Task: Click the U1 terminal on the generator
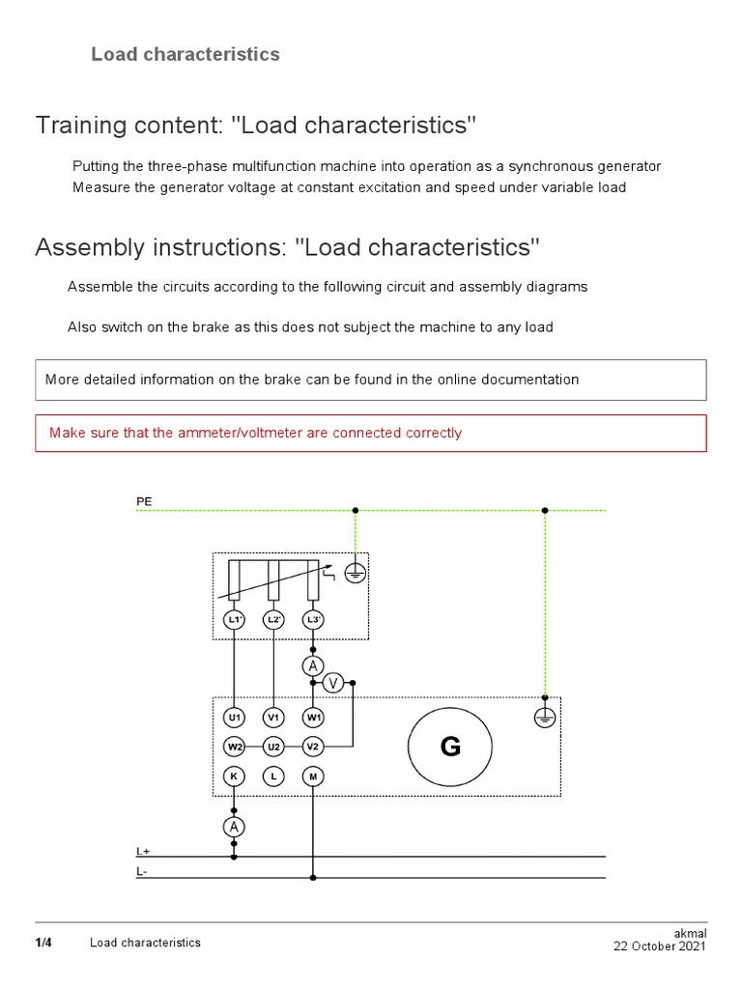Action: pos(234,718)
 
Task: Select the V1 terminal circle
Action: pos(273,718)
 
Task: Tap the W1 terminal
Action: pos(312,718)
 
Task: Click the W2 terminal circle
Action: pos(234,747)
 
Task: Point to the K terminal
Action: pos(234,776)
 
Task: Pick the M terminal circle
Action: pos(312,776)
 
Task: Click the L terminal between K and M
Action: pos(273,776)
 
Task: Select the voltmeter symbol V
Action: pos(333,683)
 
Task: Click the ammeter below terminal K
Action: pos(234,827)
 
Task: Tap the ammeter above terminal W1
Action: pos(312,666)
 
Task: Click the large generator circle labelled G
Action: pos(450,747)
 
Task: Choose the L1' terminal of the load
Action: pos(234,619)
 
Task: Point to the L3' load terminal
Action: pos(312,619)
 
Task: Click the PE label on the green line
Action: pos(143,501)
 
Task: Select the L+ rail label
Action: pos(143,851)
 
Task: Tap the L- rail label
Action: pos(143,872)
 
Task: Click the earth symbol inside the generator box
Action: pos(545,718)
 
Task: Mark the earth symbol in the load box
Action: pos(356,573)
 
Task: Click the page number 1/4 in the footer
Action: pos(43,942)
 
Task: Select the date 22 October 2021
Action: pos(660,947)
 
